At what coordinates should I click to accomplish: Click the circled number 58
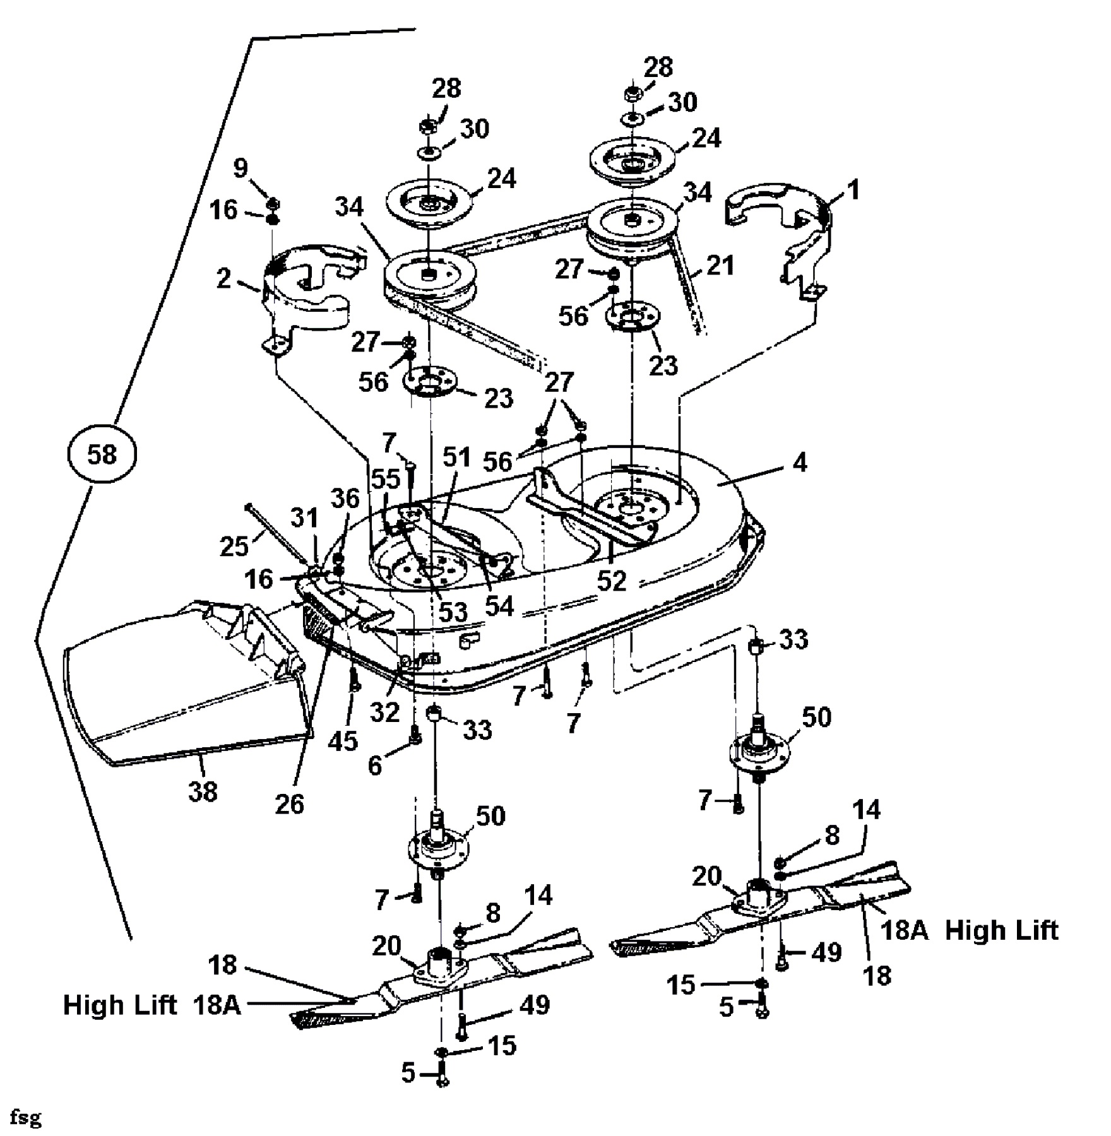(102, 454)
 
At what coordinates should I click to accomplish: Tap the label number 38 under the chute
(203, 791)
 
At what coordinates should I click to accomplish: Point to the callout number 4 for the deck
(799, 463)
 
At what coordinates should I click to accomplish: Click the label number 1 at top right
(853, 189)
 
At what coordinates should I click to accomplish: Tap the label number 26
(290, 804)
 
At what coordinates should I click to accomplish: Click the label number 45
(343, 741)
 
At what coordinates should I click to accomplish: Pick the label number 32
(384, 712)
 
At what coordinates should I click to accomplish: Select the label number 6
(375, 766)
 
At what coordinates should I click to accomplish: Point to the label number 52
(612, 581)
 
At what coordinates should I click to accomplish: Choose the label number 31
(305, 519)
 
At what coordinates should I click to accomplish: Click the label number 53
(453, 612)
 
